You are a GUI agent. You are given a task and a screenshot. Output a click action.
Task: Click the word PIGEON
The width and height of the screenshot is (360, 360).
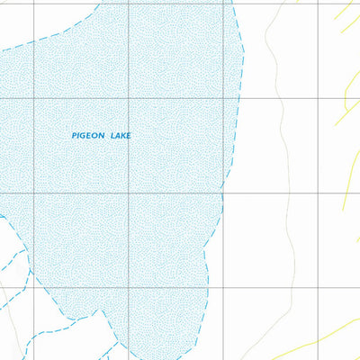tap(88, 135)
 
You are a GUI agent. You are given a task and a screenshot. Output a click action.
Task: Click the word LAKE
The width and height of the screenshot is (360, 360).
tap(121, 135)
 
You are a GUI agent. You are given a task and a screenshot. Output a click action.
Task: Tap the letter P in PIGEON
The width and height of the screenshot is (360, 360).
tap(74, 135)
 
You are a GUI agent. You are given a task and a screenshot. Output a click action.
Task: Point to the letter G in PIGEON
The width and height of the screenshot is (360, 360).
tap(84, 135)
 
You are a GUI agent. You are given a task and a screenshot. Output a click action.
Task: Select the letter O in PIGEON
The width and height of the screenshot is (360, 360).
tap(96, 135)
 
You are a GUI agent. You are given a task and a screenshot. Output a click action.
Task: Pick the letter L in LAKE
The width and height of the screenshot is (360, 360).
tap(112, 135)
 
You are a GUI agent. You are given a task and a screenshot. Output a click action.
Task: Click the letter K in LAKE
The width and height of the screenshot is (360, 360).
tap(123, 135)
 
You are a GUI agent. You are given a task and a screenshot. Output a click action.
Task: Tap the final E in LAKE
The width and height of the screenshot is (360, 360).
tap(129, 135)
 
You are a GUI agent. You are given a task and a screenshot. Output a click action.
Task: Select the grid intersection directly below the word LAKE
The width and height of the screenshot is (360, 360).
tap(128, 193)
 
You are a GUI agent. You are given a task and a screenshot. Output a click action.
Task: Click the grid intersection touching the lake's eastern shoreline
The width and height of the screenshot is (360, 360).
tap(223, 193)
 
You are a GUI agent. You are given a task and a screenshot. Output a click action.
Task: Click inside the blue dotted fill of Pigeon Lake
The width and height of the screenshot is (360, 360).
tap(162, 225)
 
